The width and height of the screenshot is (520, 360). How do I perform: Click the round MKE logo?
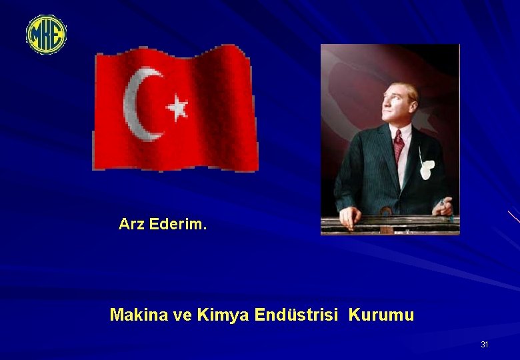(x=46, y=35)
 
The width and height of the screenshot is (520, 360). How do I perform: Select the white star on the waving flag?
(x=177, y=107)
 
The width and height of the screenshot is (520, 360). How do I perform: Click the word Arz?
(x=132, y=225)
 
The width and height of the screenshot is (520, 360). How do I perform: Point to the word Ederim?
(x=178, y=225)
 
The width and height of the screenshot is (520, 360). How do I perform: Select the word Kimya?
(x=223, y=315)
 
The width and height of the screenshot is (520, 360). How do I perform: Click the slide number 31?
(x=485, y=345)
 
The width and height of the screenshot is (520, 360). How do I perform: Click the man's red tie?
(x=399, y=145)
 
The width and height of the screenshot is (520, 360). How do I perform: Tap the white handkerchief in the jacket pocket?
(x=427, y=169)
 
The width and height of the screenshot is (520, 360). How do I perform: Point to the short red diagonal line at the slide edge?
(x=513, y=217)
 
